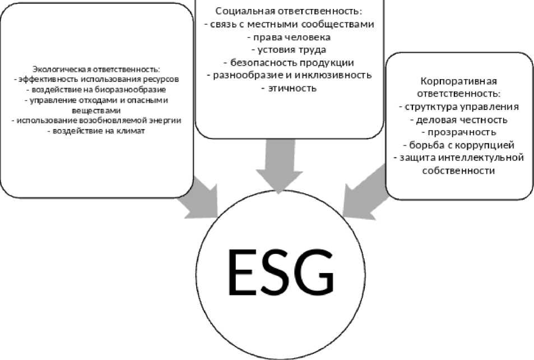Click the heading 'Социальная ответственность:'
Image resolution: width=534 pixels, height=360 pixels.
289,11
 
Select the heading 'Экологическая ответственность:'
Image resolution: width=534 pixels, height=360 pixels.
96,70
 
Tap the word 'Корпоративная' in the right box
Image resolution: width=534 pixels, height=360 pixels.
459,81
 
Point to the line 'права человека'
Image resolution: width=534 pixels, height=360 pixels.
289,37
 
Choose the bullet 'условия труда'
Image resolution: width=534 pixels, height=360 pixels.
289,50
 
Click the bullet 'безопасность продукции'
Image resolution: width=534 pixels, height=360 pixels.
289,62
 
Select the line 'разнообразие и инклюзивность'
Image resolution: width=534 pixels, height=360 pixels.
289,75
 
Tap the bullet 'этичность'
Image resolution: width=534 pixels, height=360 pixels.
289,88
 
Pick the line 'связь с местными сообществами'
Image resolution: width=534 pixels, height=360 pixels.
289,24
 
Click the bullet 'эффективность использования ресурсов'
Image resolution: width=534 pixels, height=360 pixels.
96,79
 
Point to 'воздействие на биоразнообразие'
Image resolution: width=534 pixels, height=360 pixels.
96,89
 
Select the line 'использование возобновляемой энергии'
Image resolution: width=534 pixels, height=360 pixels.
96,121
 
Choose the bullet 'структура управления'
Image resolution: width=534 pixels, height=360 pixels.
459,107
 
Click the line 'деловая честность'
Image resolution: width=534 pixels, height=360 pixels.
459,119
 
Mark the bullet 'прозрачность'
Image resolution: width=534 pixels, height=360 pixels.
459,132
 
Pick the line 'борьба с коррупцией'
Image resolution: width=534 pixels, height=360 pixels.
459,145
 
